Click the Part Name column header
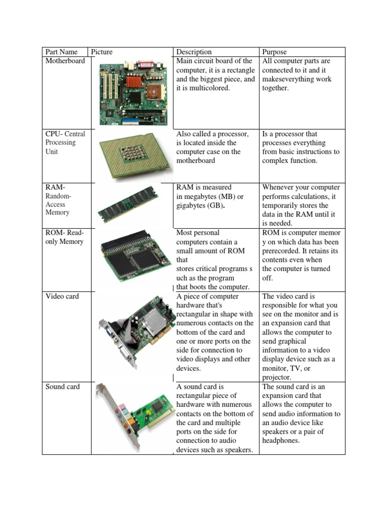(x=61, y=52)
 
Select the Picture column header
(x=102, y=52)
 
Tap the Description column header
(x=194, y=52)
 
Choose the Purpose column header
(x=274, y=52)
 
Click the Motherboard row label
(x=66, y=61)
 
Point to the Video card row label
(x=62, y=296)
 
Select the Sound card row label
(x=62, y=387)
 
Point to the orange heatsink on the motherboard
(x=134, y=81)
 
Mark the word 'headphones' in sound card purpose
(x=281, y=441)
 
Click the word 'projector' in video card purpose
(x=276, y=377)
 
